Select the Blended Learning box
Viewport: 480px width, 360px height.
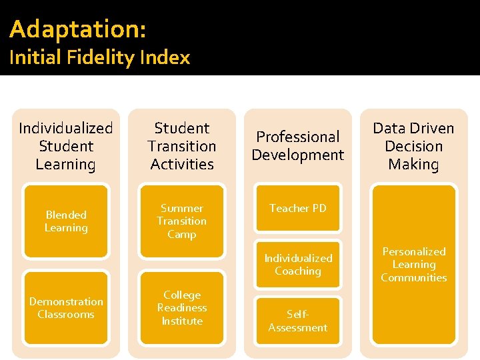[66, 221]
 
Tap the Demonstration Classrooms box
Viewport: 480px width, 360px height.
[66, 308]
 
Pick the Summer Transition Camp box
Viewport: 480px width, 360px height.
[182, 221]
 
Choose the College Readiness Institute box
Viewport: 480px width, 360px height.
[182, 308]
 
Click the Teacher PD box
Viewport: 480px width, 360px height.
[298, 209]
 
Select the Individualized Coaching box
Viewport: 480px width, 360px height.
[298, 265]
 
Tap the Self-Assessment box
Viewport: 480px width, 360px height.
[298, 321]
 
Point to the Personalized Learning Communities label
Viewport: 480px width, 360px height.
[414, 265]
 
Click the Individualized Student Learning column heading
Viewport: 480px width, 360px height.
[66, 146]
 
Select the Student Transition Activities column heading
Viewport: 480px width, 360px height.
[182, 146]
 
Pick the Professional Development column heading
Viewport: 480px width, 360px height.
[298, 146]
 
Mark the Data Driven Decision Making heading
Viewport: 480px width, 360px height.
[414, 146]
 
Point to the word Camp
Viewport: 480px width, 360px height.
[182, 235]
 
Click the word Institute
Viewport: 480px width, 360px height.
[182, 321]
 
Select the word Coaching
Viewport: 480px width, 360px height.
[298, 271]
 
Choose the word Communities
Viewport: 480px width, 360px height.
[414, 278]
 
